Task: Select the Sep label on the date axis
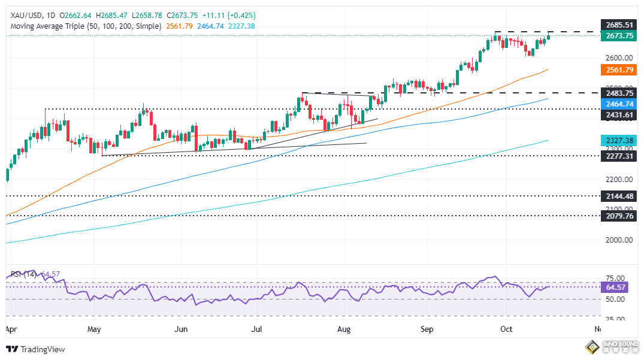coord(427,329)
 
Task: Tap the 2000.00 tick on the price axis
coord(617,240)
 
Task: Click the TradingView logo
coord(35,349)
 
